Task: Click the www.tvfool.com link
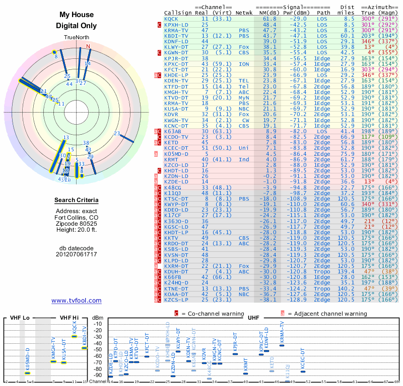[x=76, y=301]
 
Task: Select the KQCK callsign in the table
[x=171, y=19]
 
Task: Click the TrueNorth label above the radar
[x=77, y=38]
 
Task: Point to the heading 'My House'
[x=77, y=15]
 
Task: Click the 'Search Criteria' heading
[x=77, y=201]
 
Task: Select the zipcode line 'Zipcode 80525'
[x=77, y=225]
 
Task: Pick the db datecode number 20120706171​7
[x=77, y=254]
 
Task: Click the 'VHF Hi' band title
[x=70, y=318]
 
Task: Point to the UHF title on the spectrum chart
[x=254, y=318]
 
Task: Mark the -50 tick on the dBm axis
[x=98, y=349]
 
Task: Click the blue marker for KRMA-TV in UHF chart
[x=282, y=345]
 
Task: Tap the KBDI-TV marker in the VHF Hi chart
[x=85, y=348]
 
